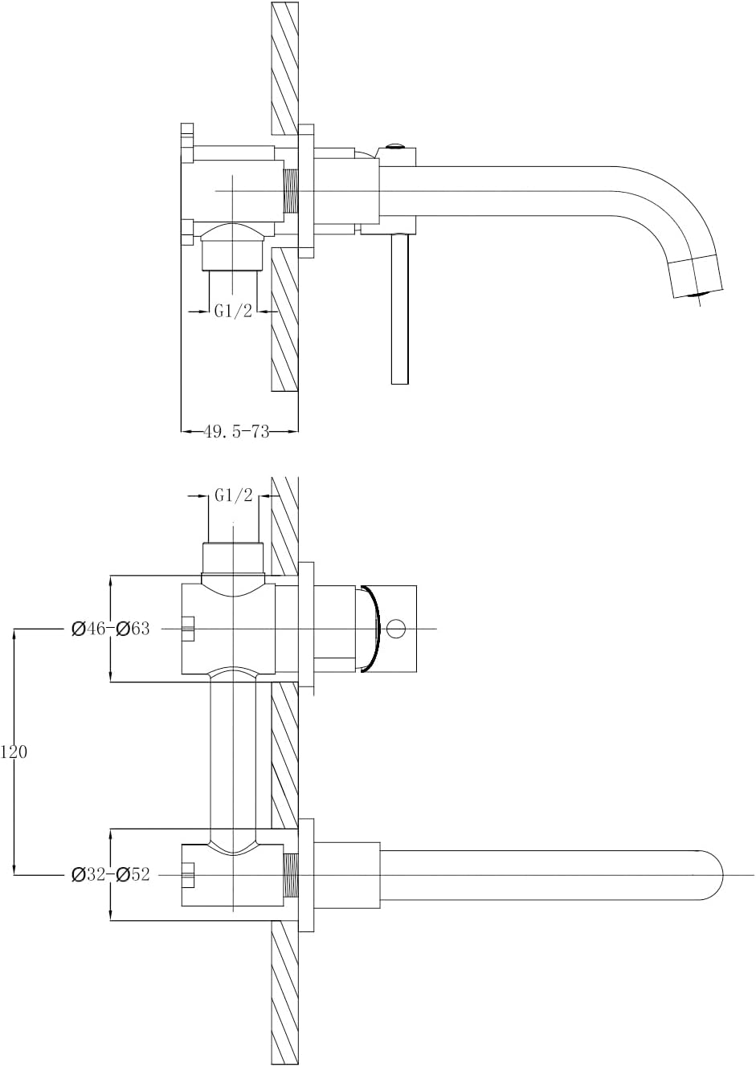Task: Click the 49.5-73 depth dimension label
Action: (236, 432)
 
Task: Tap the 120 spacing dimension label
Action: (14, 752)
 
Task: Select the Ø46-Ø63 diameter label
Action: (111, 629)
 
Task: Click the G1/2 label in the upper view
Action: (233, 312)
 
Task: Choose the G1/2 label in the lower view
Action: (234, 496)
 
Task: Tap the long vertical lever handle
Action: (400, 308)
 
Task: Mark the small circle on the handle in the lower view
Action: (394, 629)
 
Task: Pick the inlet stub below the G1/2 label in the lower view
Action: (233, 558)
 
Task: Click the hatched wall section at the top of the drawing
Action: (284, 68)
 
